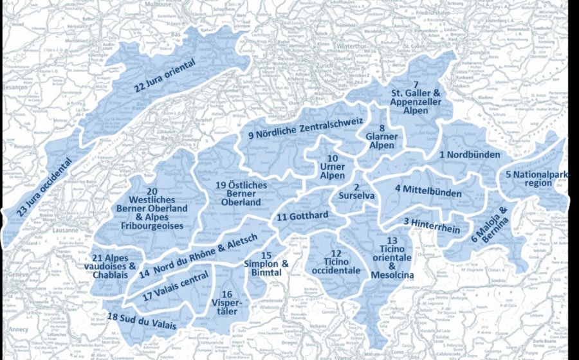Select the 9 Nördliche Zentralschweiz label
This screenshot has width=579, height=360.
click(306, 129)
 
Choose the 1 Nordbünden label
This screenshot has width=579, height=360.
click(472, 155)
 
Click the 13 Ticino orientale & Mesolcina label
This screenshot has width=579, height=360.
click(392, 257)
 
